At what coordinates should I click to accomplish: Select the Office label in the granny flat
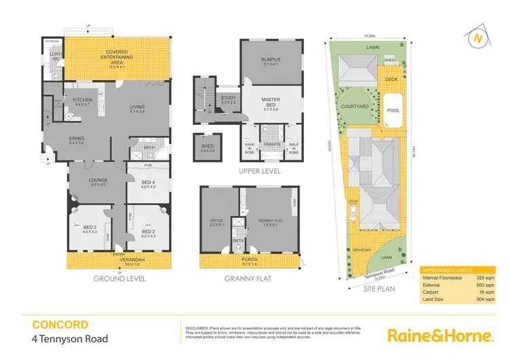pos(216,222)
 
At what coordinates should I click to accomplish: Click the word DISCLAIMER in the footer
pos(197,327)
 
